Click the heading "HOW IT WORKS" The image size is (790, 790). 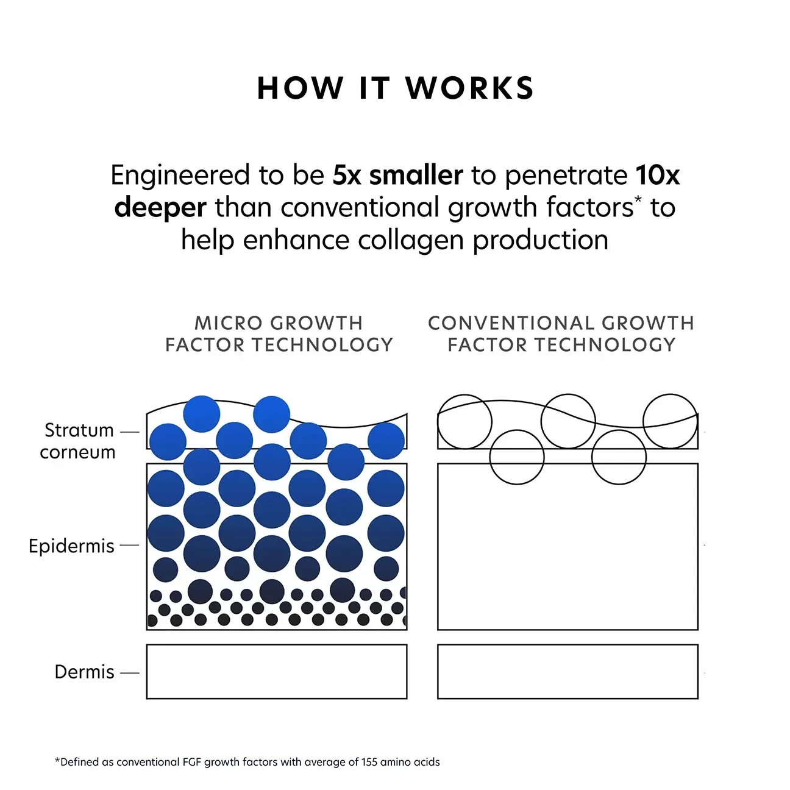[395, 88]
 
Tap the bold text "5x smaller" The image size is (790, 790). [397, 176]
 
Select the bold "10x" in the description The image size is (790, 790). [657, 176]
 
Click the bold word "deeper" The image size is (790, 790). [160, 208]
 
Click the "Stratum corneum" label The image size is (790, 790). [78, 441]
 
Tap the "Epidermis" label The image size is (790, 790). [71, 546]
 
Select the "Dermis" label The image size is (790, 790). [84, 672]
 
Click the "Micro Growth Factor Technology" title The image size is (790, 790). [279, 334]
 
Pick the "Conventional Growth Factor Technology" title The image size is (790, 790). [561, 334]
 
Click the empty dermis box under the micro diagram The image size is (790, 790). [277, 671]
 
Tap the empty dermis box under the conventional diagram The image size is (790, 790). [568, 671]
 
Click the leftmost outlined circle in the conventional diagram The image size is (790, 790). [464, 421]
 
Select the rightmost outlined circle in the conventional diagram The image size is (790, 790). [670, 421]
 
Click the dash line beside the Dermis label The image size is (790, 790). [130, 673]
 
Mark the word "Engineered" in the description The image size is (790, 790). [180, 176]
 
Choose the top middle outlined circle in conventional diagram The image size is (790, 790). [568, 421]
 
